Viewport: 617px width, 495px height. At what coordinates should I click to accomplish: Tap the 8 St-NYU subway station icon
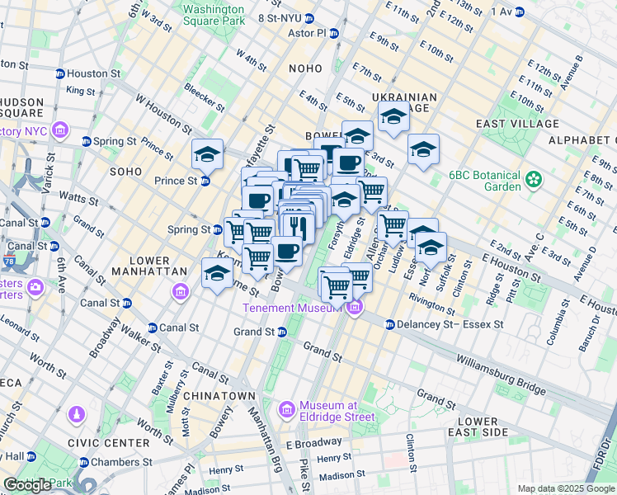pyautogui.click(x=308, y=18)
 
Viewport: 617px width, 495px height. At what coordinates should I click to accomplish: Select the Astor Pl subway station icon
pyautogui.click(x=334, y=33)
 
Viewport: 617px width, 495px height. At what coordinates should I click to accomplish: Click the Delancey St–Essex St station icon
pyautogui.click(x=389, y=325)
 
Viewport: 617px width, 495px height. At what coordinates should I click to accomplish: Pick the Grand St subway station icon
pyautogui.click(x=281, y=332)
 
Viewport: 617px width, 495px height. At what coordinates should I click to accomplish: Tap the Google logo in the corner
pyautogui.click(x=28, y=485)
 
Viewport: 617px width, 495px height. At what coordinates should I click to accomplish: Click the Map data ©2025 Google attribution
pyautogui.click(x=566, y=488)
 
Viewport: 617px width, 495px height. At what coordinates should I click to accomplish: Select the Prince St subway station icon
pyautogui.click(x=205, y=181)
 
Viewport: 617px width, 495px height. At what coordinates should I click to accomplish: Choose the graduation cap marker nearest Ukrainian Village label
pyautogui.click(x=393, y=117)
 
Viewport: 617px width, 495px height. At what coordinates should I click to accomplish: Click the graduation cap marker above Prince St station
pyautogui.click(x=207, y=153)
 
